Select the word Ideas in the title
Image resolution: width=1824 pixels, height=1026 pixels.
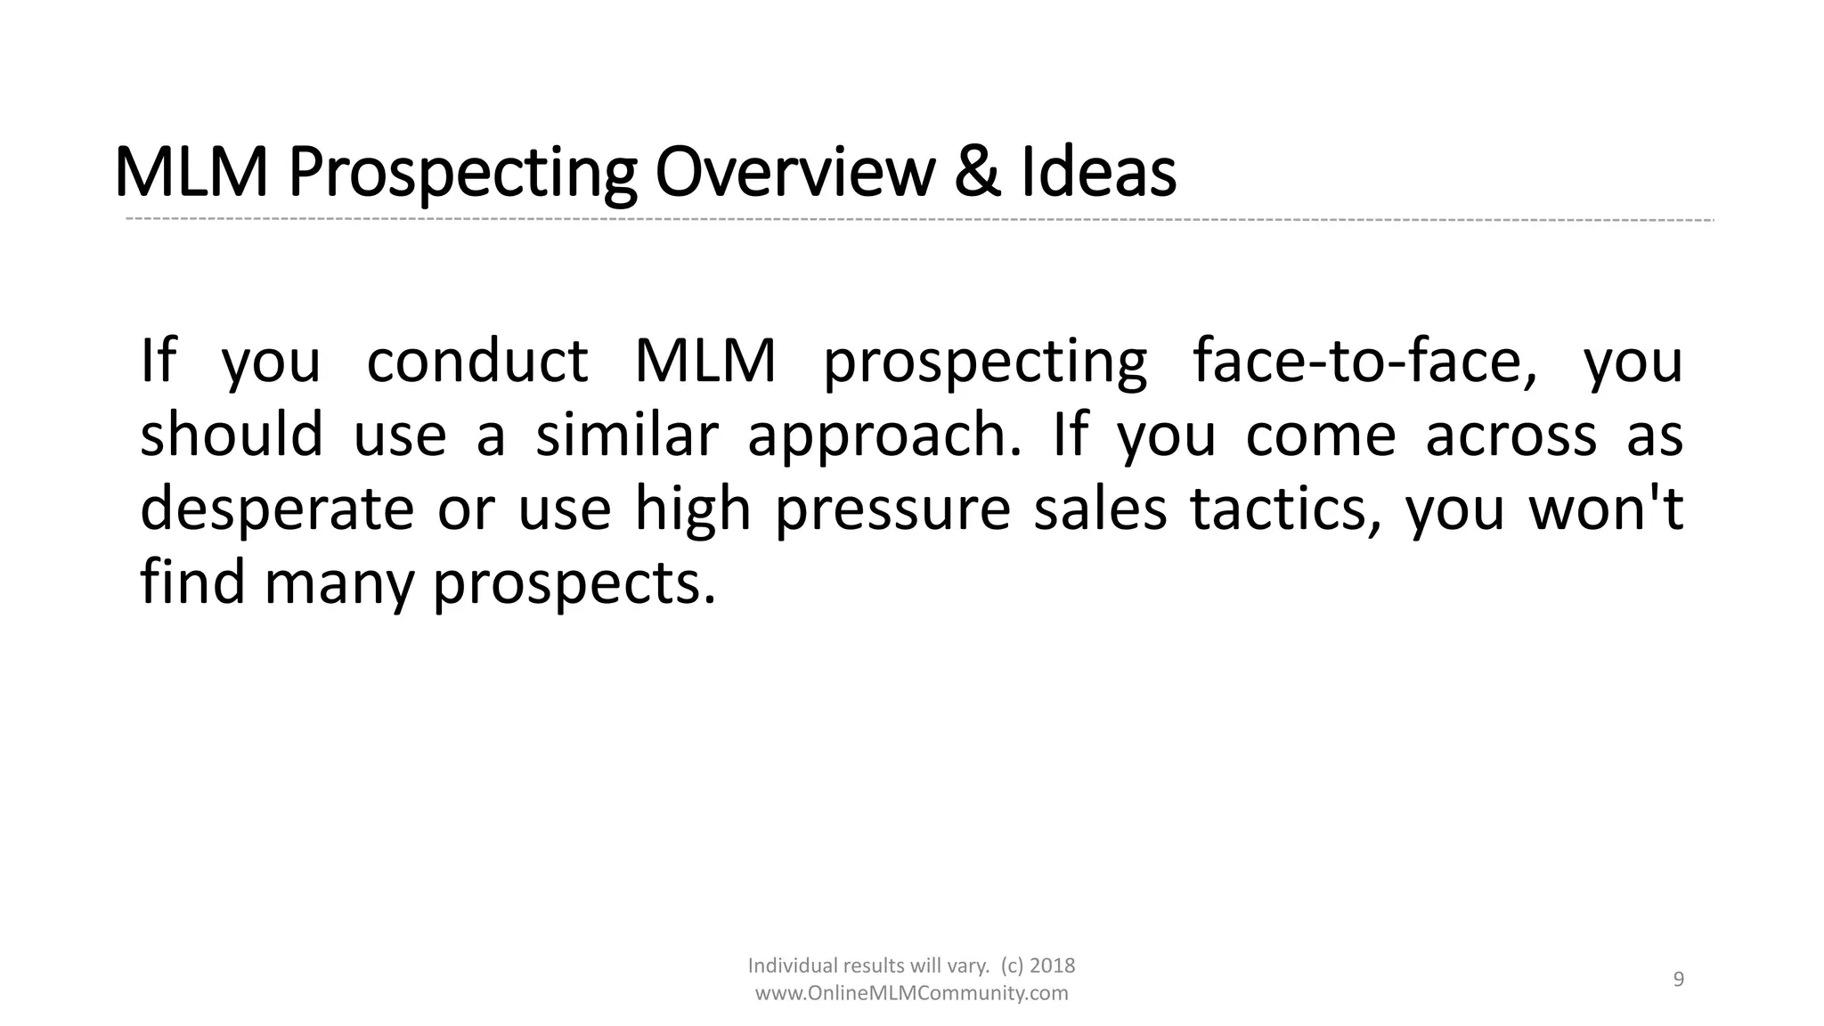1098,172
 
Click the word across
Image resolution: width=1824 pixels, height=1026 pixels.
1511,436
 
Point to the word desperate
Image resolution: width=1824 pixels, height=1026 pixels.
277,509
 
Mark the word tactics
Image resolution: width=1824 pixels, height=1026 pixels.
1286,509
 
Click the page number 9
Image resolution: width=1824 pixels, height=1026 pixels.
1679,980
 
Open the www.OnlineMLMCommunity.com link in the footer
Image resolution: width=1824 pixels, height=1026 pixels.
911,993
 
